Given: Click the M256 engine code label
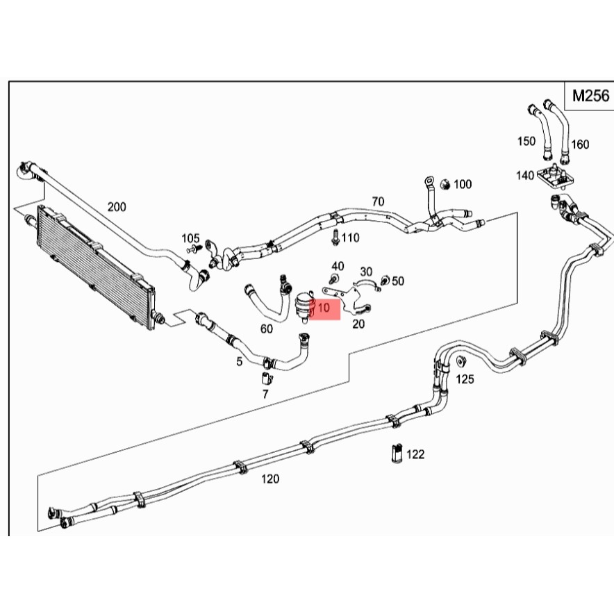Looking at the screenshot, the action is [590, 96].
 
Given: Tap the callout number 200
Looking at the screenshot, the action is [117, 206].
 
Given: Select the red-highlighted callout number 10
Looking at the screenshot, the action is [324, 308].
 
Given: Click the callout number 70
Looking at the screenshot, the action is [378, 201].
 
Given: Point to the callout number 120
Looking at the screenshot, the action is [270, 479].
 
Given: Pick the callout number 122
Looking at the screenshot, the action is [415, 454].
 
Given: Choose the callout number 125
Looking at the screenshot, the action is [465, 379].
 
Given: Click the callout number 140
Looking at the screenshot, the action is [525, 175].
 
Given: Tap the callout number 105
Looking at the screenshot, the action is [190, 238].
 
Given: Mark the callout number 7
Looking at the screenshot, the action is [265, 394].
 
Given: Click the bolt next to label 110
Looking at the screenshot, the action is [335, 238].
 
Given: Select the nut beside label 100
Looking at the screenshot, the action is [445, 184].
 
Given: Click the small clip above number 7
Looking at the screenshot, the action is [267, 379].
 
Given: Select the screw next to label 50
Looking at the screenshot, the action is [385, 281].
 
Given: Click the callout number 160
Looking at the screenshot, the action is [580, 144].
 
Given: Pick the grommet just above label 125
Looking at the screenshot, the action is [461, 361].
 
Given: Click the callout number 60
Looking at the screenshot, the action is [266, 329].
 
